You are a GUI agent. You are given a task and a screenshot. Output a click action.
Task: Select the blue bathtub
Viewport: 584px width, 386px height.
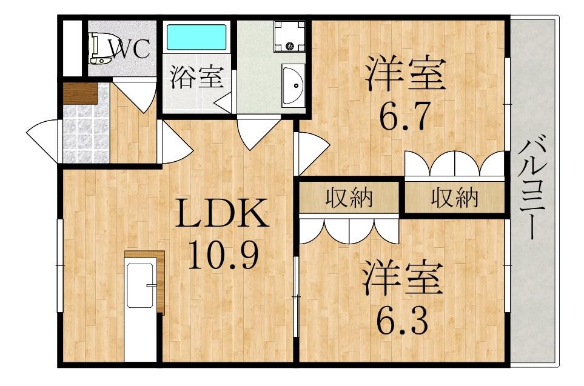coord(196,37)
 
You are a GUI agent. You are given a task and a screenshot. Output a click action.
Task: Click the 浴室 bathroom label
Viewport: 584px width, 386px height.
coord(197,76)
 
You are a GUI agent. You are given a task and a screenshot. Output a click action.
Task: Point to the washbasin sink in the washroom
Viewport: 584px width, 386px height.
coord(294,85)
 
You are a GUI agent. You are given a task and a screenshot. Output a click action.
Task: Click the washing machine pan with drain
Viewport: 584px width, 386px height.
coord(289,36)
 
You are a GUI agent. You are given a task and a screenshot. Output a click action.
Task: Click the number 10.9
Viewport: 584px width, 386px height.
coord(223,255)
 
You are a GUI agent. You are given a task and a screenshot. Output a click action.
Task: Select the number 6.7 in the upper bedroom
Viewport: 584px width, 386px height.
coord(405,115)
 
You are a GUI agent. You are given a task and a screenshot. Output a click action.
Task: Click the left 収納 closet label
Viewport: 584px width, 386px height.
coord(349,198)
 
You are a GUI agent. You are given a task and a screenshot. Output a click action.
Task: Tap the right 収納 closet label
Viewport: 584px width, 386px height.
coord(454,198)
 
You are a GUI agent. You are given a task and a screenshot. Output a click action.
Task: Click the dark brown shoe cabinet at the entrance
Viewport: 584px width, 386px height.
coord(80,93)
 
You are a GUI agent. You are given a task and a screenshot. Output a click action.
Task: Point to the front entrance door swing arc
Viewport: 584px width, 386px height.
coord(42,141)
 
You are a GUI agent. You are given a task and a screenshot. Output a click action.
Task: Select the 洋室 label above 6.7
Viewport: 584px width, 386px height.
coord(406,74)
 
